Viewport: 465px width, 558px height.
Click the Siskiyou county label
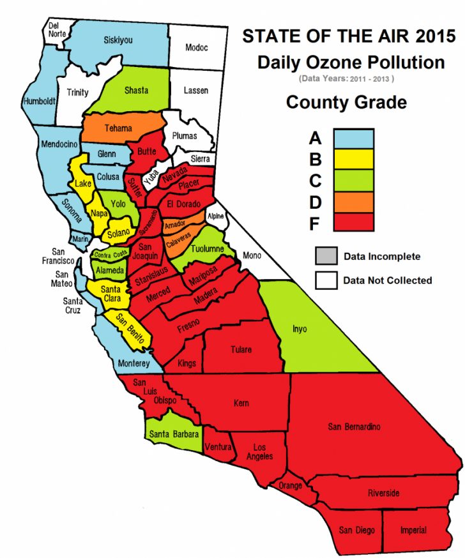pyautogui.click(x=118, y=40)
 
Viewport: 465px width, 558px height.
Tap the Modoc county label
pyautogui.click(x=196, y=48)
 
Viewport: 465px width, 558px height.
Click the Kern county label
pyautogui.click(x=241, y=403)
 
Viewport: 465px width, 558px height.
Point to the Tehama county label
pyautogui.click(x=118, y=128)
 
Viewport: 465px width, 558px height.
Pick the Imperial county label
pyautogui.click(x=413, y=531)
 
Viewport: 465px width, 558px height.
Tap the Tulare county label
pyautogui.click(x=241, y=349)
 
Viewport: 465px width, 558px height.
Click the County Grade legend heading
pyautogui.click(x=346, y=102)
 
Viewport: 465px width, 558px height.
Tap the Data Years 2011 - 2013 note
pyautogui.click(x=346, y=79)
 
